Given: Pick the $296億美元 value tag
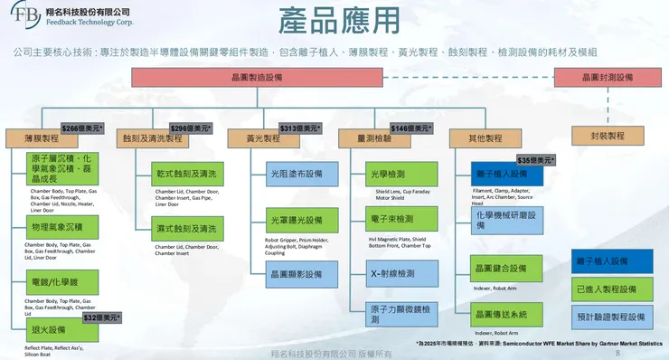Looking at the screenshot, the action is [x=192, y=128].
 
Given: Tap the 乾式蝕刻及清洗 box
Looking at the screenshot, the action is [x=187, y=174].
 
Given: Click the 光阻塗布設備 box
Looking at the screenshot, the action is [x=295, y=174].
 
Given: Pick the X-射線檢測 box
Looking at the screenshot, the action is [x=393, y=272].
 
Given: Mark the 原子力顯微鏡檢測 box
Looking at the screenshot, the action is [x=393, y=314].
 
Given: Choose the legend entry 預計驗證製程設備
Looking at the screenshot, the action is [x=611, y=317].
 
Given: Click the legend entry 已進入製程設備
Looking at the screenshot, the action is [x=611, y=289].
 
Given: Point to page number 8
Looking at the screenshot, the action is [x=617, y=353].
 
